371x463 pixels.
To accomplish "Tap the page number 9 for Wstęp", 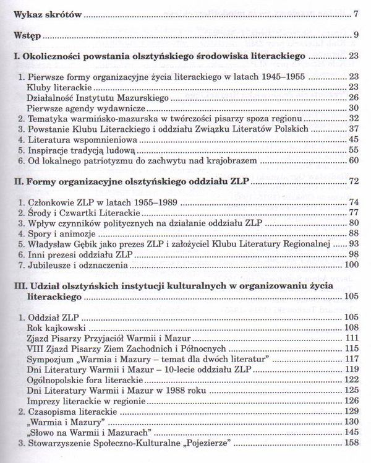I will pyautogui.click(x=354, y=33).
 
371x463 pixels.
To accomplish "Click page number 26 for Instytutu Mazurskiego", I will pyautogui.click(x=352, y=97).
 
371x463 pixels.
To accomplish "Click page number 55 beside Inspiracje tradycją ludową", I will pyautogui.click(x=352, y=150).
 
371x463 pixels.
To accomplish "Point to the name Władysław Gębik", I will pyautogui.click(x=66, y=244).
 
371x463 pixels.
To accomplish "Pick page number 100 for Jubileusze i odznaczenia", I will pyautogui.click(x=350, y=266).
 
